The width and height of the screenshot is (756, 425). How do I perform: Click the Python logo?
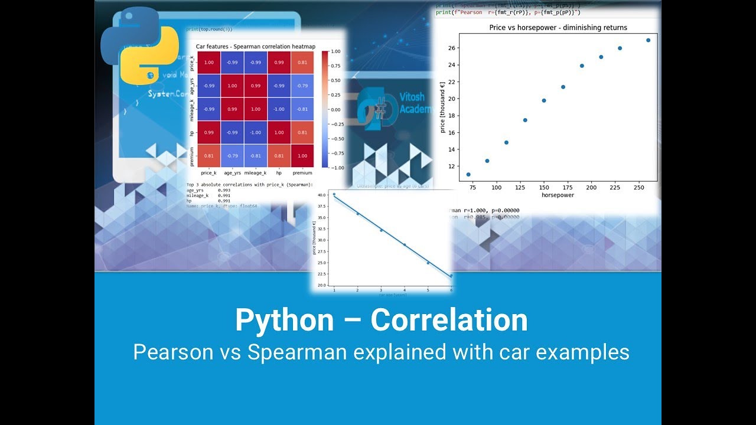pyautogui.click(x=139, y=46)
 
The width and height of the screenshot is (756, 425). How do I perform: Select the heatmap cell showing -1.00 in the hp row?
pyautogui.click(x=255, y=133)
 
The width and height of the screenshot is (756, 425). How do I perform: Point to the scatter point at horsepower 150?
pyautogui.click(x=544, y=100)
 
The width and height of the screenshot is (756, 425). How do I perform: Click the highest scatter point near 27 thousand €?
pyautogui.click(x=648, y=40)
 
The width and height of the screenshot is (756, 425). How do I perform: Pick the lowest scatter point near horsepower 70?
pyautogui.click(x=468, y=175)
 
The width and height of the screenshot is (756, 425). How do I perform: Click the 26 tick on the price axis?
pyautogui.click(x=451, y=48)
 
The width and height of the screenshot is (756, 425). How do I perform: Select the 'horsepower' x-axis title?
pyautogui.click(x=558, y=195)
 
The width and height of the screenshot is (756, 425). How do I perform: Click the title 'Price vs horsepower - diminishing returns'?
pyautogui.click(x=558, y=28)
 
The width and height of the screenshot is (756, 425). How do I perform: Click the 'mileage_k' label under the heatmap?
pyautogui.click(x=255, y=174)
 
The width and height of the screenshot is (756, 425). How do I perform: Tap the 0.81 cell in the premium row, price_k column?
pyautogui.click(x=208, y=156)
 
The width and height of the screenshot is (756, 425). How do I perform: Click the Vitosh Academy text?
pyautogui.click(x=416, y=104)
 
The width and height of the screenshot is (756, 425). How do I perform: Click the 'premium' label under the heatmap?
pyautogui.click(x=302, y=174)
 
